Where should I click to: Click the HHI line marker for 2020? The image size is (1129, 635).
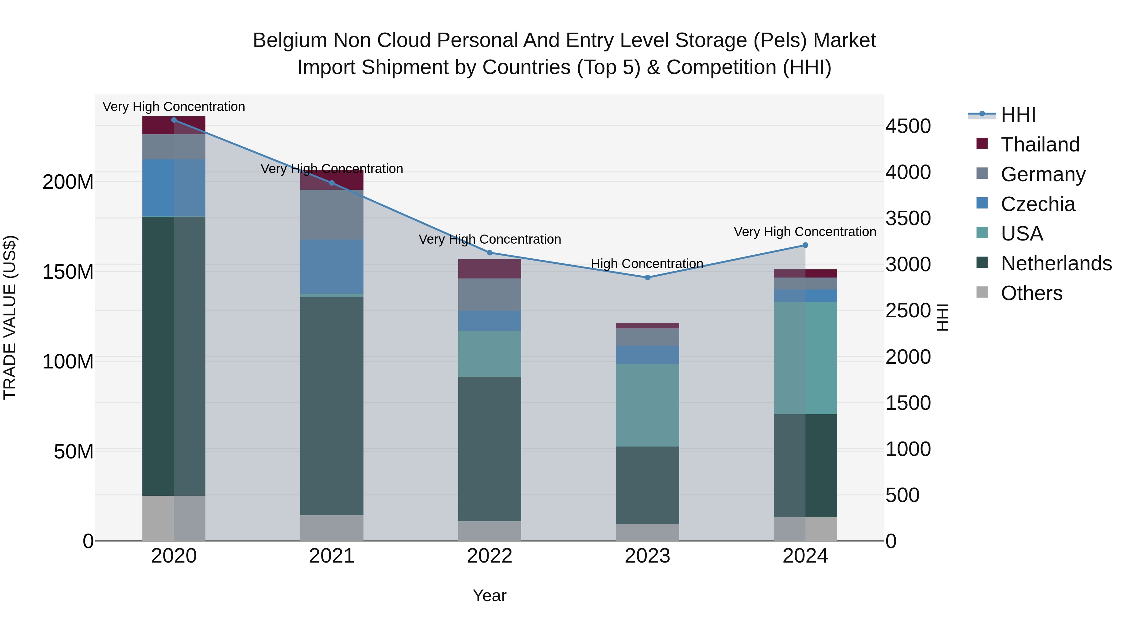click(x=174, y=120)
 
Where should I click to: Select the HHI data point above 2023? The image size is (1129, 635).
click(x=647, y=278)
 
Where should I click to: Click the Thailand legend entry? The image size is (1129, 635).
click(x=1040, y=145)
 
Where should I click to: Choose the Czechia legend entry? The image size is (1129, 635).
click(x=1038, y=204)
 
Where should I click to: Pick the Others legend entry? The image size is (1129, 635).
click(x=1031, y=293)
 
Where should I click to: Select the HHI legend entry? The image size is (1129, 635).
click(x=1018, y=115)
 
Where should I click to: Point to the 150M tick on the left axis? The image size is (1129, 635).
click(x=68, y=272)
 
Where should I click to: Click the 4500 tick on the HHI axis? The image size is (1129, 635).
click(x=908, y=126)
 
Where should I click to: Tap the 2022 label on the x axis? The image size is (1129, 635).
click(x=490, y=556)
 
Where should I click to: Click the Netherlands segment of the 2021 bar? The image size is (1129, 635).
click(x=332, y=405)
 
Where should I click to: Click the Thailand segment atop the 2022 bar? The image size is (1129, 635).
click(x=490, y=269)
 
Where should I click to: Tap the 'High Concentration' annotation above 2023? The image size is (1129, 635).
click(x=647, y=264)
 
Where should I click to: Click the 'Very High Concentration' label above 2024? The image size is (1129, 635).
click(x=805, y=232)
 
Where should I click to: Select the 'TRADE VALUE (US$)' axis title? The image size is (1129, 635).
click(x=10, y=317)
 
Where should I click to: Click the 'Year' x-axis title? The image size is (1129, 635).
click(x=490, y=595)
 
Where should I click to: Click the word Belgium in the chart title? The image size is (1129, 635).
click(x=290, y=40)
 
